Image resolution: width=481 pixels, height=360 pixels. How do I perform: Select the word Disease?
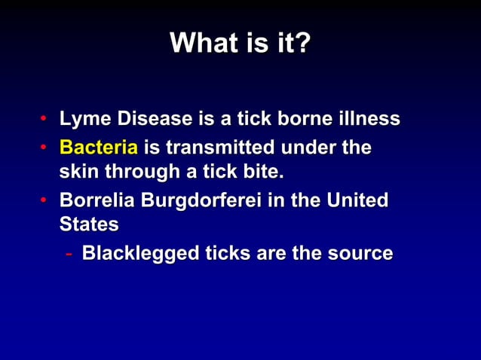point(151,119)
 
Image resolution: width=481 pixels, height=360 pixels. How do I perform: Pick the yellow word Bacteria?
point(94,147)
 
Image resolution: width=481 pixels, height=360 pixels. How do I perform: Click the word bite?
point(263,173)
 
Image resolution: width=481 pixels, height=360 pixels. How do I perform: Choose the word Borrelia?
point(93,201)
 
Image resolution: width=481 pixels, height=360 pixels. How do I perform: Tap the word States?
point(88,225)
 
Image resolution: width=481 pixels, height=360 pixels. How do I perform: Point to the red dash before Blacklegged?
point(69,254)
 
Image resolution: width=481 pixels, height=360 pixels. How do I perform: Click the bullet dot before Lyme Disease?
point(45,120)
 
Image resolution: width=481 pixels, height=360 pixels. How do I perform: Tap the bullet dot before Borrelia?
point(45,202)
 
